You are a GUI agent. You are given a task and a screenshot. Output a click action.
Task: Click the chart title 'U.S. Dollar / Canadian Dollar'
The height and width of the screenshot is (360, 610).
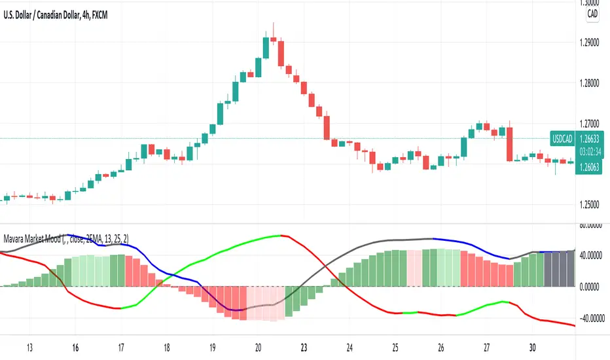(x=45, y=14)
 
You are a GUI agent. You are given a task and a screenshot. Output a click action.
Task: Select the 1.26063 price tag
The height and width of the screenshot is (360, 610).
(x=589, y=168)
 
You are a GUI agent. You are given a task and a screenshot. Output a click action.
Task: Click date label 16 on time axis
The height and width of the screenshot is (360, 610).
(x=75, y=347)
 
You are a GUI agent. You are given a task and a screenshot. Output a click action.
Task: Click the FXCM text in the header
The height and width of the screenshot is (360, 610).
(x=98, y=14)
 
